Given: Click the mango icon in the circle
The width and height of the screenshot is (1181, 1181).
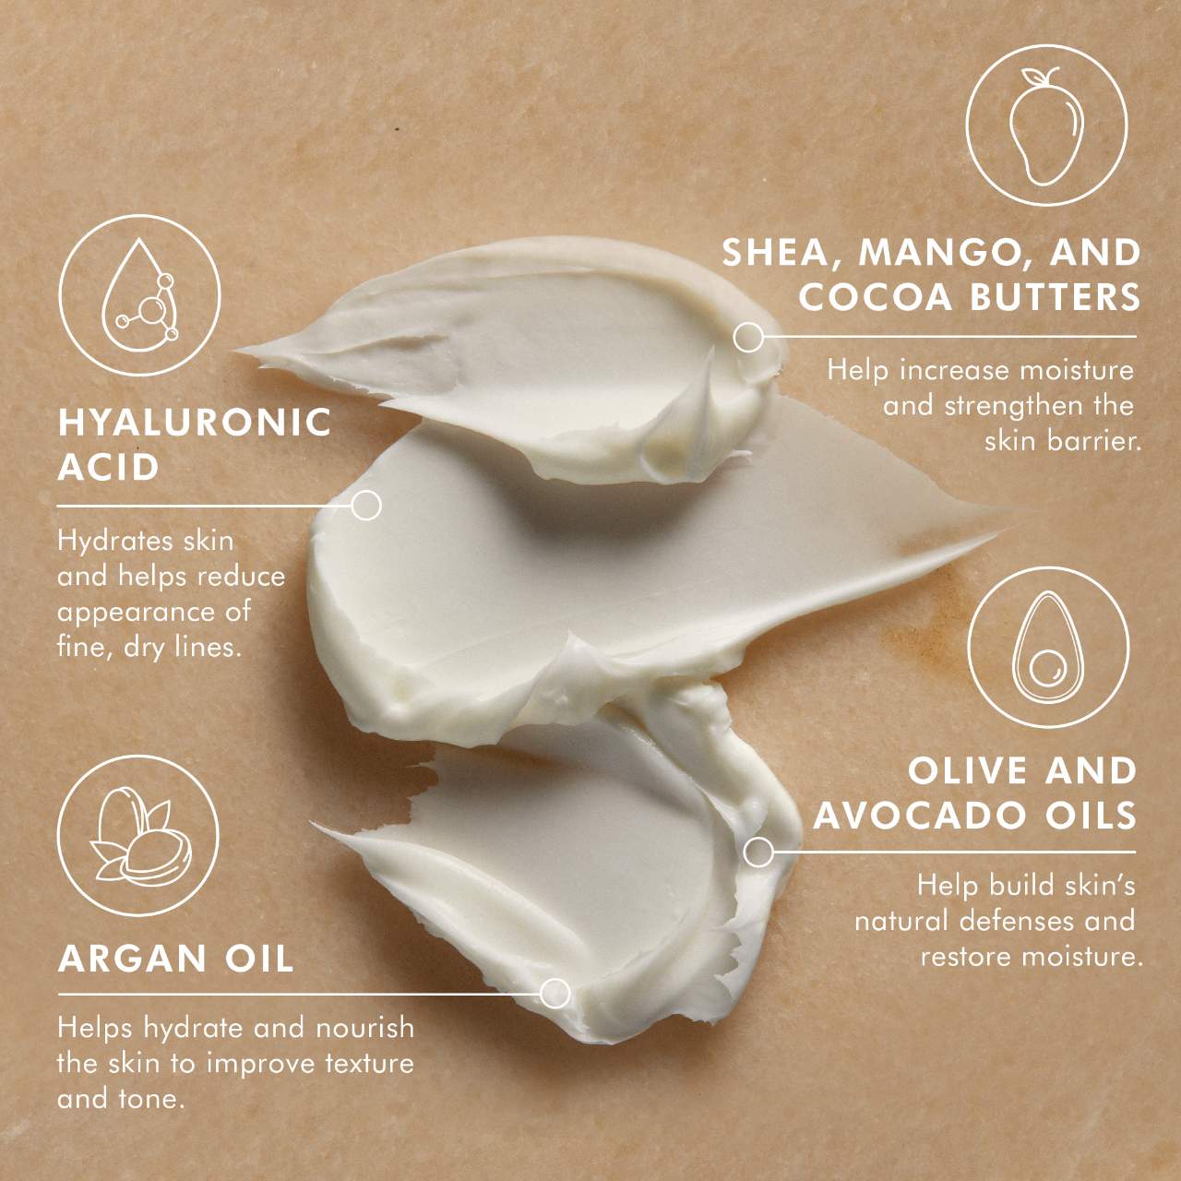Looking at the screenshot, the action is [1046, 135].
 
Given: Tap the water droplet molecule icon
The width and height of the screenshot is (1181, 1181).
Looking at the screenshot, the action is [138, 294].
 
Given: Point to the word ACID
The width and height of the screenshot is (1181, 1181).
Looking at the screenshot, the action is [109, 468].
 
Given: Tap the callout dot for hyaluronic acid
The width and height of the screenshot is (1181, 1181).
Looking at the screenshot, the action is [366, 506].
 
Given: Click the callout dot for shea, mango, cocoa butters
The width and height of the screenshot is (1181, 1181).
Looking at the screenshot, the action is [748, 337].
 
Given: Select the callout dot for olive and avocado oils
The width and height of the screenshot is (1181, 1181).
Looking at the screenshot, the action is [758, 852].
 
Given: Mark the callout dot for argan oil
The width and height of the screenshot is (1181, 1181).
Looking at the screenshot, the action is [555, 994].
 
